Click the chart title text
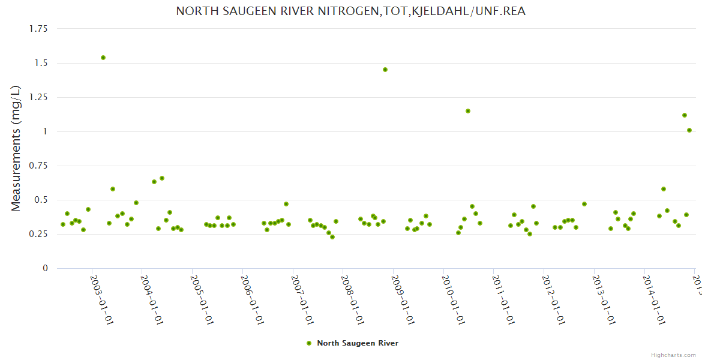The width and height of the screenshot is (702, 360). [350, 11]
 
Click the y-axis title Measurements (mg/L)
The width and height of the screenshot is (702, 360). [16, 148]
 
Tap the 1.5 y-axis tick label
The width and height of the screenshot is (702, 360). [41, 63]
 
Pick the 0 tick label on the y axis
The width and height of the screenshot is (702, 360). [45, 268]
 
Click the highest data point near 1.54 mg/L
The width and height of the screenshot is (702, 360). [103, 58]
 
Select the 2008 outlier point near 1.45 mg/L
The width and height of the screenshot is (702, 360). [385, 70]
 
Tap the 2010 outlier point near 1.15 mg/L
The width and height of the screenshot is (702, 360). [468, 111]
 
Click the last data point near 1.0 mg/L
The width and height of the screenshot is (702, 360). [689, 130]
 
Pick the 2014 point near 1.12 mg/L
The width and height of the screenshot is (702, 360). [685, 115]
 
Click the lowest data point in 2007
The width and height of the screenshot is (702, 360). [332, 237]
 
